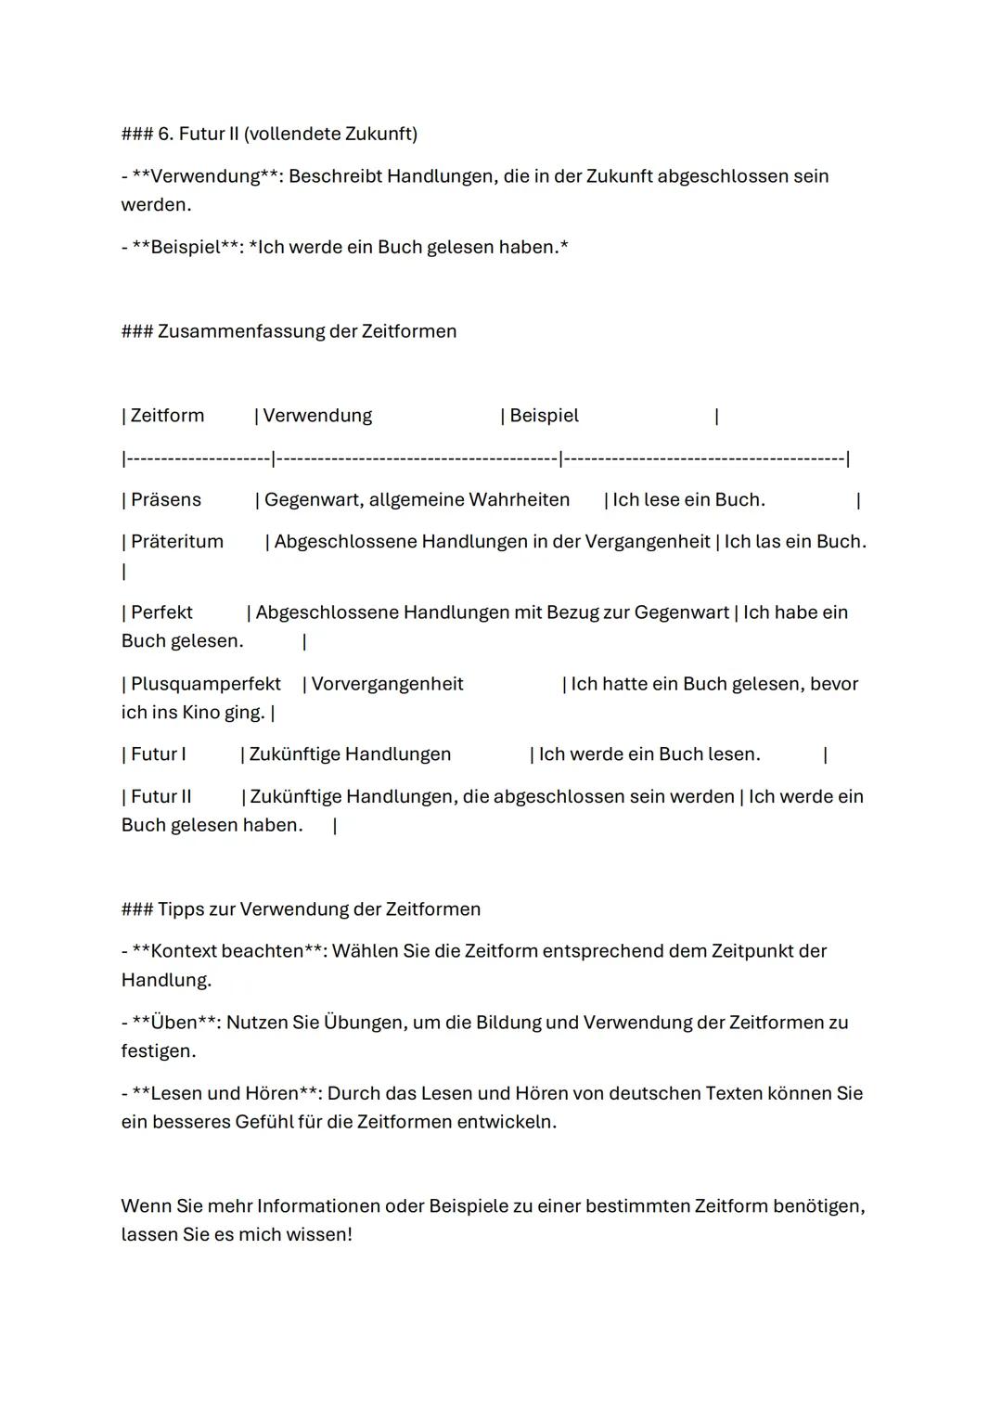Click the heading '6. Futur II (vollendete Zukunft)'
coord(288,134)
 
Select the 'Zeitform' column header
coord(167,416)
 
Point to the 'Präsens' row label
coord(165,500)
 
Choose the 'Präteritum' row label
coord(176,542)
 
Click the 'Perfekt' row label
coord(161,612)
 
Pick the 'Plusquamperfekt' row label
coord(205,684)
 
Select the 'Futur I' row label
coord(158,754)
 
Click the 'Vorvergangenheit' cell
coord(387,684)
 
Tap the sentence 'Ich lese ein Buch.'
coord(688,500)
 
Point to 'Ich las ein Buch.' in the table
coord(794,542)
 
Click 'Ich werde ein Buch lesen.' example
coord(649,754)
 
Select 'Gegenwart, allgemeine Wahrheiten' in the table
coord(417,500)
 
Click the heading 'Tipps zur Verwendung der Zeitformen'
coord(319,909)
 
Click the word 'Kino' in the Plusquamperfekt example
coord(197,713)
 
